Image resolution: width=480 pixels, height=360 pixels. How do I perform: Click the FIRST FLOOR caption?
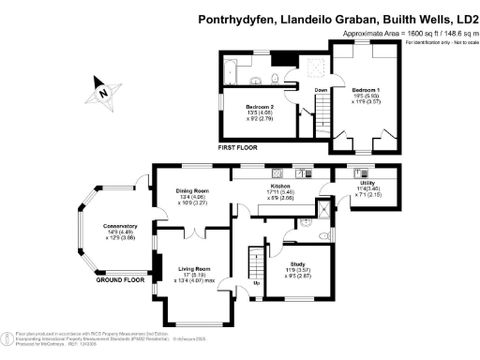tap(239, 148)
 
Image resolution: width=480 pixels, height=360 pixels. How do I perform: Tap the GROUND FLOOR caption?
tap(122, 279)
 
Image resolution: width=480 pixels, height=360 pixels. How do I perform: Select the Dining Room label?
tap(192, 190)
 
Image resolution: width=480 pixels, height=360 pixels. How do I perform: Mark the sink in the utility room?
tap(361, 172)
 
